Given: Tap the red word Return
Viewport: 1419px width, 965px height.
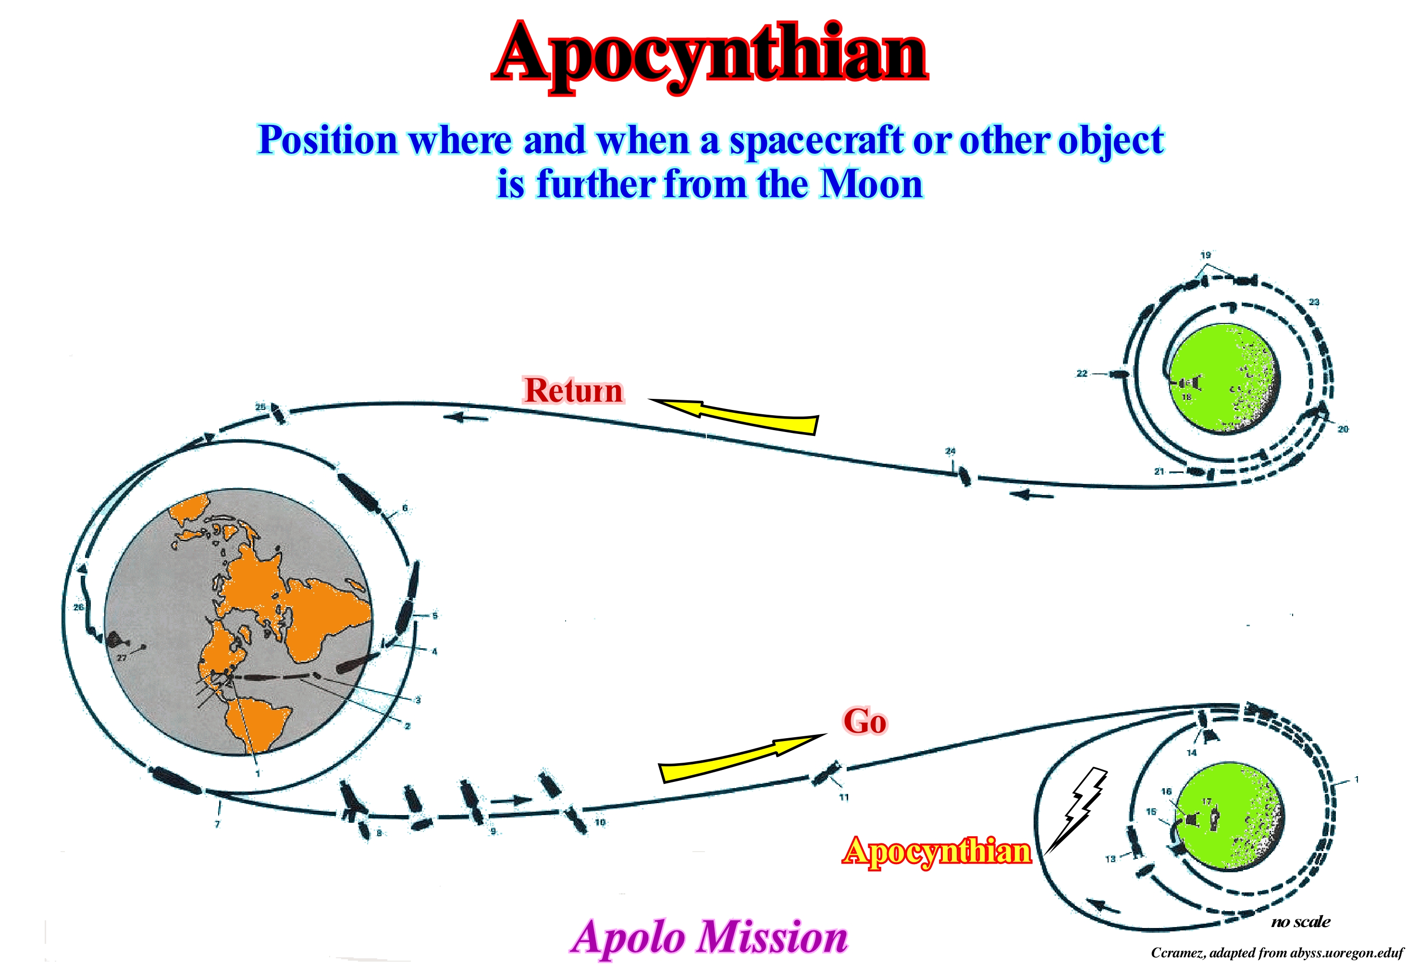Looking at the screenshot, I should (x=573, y=390).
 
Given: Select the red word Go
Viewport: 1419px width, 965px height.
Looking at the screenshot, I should (x=864, y=721).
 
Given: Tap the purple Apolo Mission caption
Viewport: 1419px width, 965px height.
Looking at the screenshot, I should (x=709, y=937).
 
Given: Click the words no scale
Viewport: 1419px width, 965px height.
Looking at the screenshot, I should (x=1300, y=922).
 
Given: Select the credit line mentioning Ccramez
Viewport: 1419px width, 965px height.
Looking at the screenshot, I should (x=1277, y=953).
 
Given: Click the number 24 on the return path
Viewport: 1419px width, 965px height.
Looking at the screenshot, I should (x=950, y=451).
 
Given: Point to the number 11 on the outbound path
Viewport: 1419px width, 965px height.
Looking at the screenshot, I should (x=844, y=797).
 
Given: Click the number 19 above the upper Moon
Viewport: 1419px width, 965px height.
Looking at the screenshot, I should (x=1205, y=255).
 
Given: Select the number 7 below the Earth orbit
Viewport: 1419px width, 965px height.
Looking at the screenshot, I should (x=217, y=824).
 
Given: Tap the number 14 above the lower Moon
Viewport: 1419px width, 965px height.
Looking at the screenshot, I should (x=1191, y=753).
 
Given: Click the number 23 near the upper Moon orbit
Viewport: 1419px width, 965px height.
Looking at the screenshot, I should (x=1314, y=302).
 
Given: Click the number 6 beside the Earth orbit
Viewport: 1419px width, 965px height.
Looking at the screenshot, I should (x=404, y=507).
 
